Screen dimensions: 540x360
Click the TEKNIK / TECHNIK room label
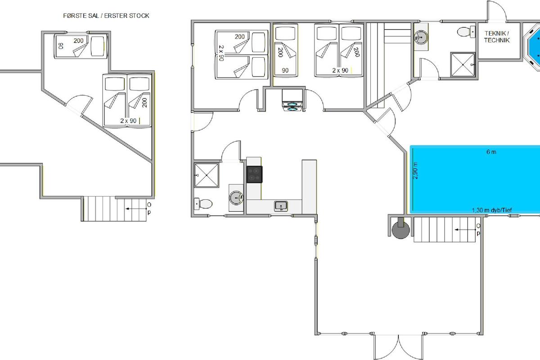497,36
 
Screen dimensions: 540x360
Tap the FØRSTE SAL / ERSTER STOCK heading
106,16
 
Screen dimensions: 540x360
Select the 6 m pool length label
491,152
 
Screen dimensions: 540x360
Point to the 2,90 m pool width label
415,171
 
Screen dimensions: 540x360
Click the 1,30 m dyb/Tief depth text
492,210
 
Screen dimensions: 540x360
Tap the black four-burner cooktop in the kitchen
254,174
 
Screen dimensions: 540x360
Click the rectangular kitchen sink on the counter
281,206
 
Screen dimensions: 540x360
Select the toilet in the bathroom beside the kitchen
203,204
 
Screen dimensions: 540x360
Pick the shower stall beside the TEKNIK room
463,65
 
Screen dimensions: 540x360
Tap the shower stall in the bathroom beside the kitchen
207,175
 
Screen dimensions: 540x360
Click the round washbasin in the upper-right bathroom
421,37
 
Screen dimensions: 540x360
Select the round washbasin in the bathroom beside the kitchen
236,198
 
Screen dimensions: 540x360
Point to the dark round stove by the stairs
400,230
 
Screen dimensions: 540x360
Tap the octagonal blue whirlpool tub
532,47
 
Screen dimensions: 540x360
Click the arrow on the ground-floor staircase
465,229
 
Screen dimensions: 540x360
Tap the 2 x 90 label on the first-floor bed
128,121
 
